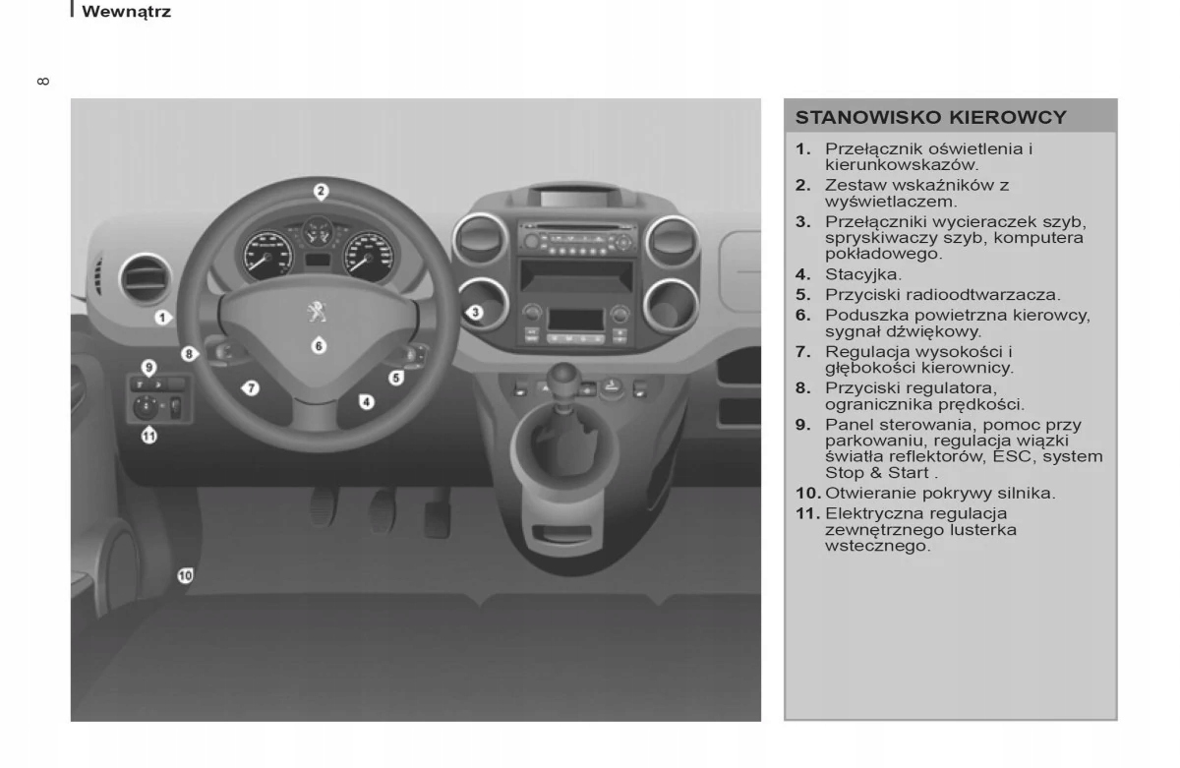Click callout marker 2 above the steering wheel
(x=321, y=192)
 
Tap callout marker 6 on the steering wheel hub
(x=319, y=345)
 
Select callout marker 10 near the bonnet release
(x=185, y=576)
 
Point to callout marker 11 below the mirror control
(x=149, y=436)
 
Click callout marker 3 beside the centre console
(x=474, y=313)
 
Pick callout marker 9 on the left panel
(x=148, y=368)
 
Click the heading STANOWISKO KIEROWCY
(x=930, y=118)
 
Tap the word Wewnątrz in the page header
(x=126, y=13)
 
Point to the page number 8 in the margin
(x=41, y=81)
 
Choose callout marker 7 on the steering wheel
(x=252, y=387)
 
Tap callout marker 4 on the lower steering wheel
(x=366, y=401)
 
